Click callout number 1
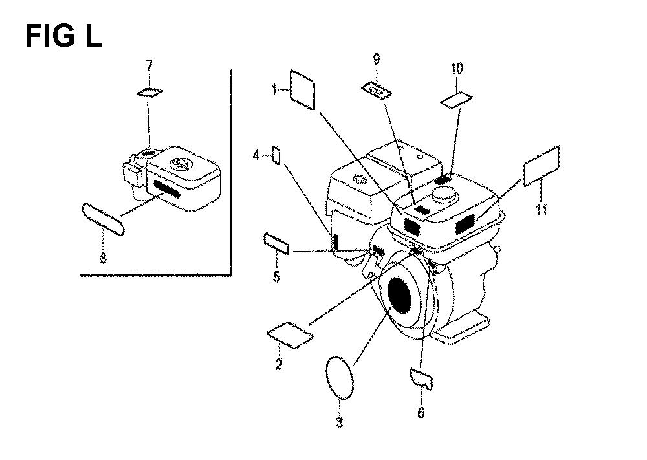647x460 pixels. coord(274,90)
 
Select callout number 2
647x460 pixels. coord(279,365)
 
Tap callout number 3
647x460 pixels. coord(339,423)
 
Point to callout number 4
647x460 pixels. coord(256,155)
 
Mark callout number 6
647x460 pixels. coord(421,412)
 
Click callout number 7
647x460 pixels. coord(149,65)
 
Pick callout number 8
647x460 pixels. coord(104,259)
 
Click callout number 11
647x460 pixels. coord(541,209)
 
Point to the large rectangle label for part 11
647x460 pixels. coord(540,166)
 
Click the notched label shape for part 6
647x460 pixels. coord(422,378)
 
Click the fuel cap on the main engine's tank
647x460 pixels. coord(445,193)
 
